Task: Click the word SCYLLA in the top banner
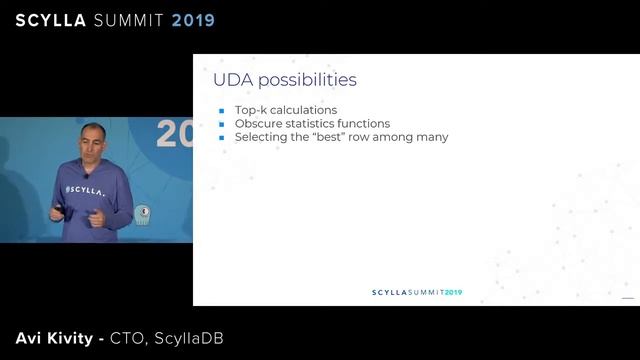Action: coord(53,20)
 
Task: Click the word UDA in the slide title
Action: coord(231,79)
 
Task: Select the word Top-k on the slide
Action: coord(249,110)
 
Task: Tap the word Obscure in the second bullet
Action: coord(257,123)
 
